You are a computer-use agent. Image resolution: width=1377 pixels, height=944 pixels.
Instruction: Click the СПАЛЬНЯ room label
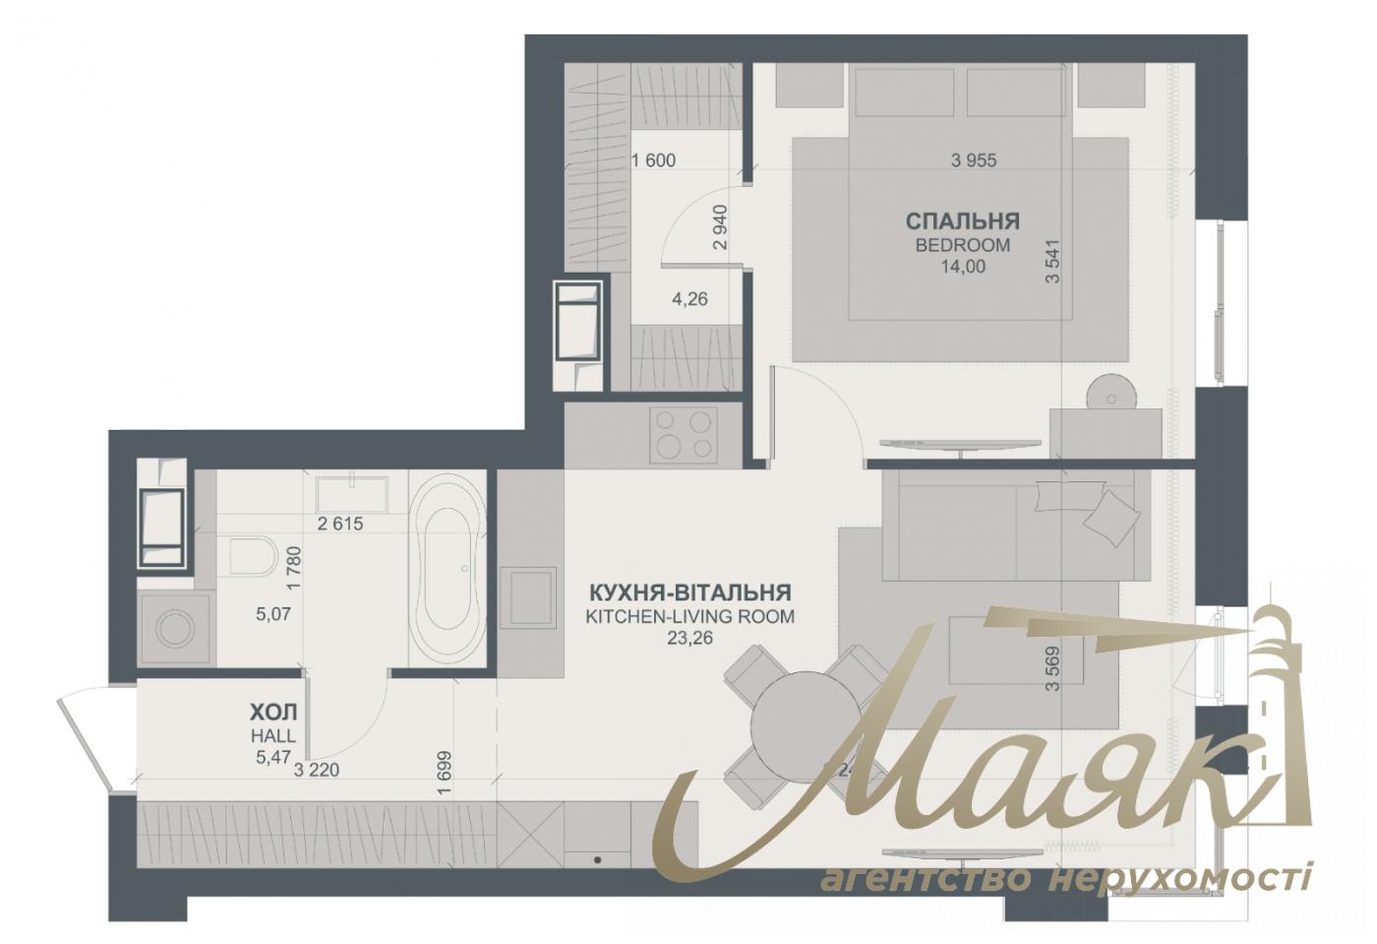click(962, 220)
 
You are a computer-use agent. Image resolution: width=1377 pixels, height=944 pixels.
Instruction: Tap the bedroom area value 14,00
click(962, 266)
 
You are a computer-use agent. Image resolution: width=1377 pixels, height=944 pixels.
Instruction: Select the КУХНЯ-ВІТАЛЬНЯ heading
click(689, 593)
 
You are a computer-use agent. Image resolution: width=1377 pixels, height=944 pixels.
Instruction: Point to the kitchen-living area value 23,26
click(688, 637)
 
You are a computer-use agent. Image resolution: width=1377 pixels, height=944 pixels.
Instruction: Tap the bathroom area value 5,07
click(273, 614)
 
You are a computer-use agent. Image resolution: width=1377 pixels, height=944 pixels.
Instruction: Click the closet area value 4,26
click(689, 299)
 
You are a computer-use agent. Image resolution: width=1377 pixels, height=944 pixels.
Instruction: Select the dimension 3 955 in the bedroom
click(974, 160)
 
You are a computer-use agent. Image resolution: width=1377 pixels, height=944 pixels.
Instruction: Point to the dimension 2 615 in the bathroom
click(340, 524)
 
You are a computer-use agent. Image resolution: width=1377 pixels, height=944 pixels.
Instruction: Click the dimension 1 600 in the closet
click(653, 160)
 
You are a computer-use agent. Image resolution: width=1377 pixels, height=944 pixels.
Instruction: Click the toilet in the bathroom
click(253, 557)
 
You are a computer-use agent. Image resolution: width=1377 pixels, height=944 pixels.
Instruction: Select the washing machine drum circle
click(176, 630)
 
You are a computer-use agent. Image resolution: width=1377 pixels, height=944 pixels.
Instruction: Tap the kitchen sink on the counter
click(528, 597)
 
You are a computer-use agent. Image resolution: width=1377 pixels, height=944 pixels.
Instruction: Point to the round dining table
click(806, 727)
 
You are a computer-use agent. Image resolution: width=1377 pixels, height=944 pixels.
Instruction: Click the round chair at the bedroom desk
click(1111, 397)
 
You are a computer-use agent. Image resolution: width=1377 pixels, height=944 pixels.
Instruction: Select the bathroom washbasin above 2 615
click(351, 489)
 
